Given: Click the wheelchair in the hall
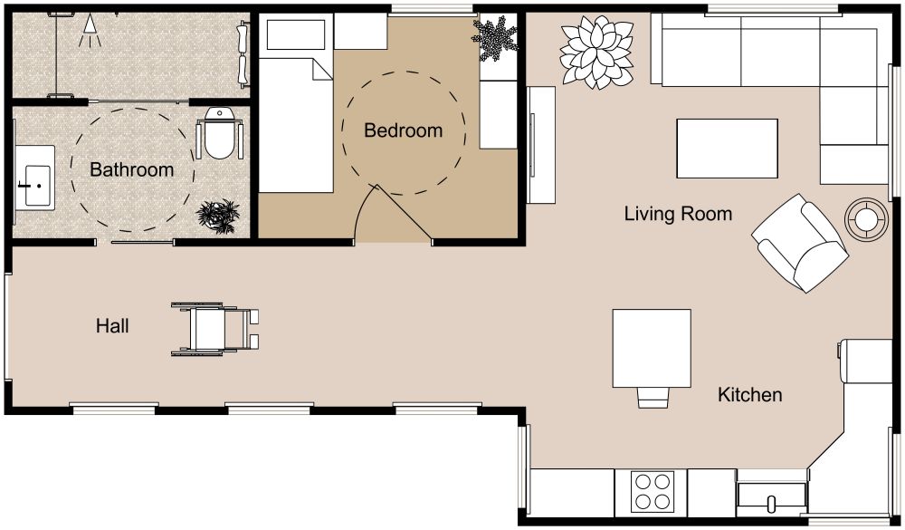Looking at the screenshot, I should click(215, 328).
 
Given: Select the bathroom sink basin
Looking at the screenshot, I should click(33, 178).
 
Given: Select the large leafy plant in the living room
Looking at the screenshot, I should click(596, 52).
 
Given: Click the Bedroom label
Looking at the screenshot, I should click(403, 130).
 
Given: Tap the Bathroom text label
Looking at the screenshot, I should click(131, 169).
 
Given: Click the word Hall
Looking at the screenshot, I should click(112, 325).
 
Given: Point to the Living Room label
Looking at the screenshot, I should click(678, 214).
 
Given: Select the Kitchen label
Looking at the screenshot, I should click(749, 395).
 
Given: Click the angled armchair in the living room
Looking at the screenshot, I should click(799, 242).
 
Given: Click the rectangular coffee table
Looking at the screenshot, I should click(727, 148).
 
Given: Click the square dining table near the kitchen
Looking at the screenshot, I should click(652, 346).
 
